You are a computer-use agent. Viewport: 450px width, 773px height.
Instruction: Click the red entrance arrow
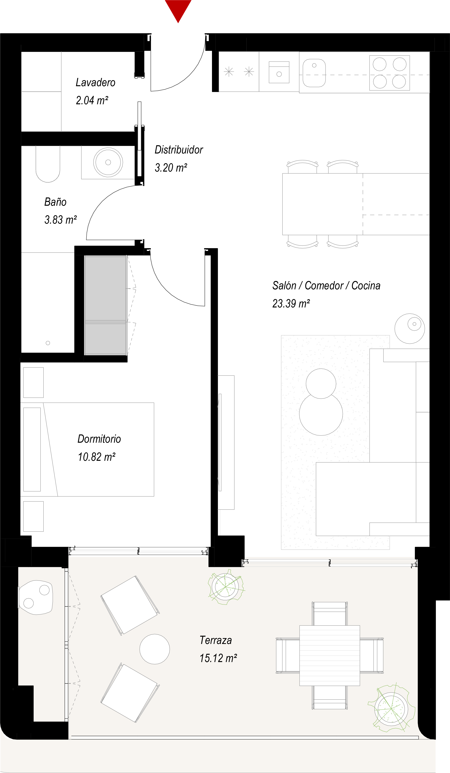point(178,9)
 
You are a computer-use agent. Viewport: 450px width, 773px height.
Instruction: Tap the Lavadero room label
point(95,83)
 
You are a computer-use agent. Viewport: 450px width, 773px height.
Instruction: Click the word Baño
point(55,202)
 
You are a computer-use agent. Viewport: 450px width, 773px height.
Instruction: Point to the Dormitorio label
point(99,439)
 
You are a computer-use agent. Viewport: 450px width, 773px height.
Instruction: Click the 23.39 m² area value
point(291,304)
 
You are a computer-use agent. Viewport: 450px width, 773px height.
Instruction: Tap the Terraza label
point(215,640)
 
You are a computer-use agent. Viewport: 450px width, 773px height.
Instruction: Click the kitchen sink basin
point(314,73)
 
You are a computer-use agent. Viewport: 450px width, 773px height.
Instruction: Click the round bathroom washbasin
point(108,162)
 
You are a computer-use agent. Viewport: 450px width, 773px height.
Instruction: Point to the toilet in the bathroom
point(48,166)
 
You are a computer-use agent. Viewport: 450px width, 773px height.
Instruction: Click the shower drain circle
point(48,343)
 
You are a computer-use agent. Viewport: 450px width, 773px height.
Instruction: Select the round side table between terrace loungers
point(155,649)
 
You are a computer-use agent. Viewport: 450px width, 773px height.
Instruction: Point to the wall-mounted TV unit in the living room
point(226,442)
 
